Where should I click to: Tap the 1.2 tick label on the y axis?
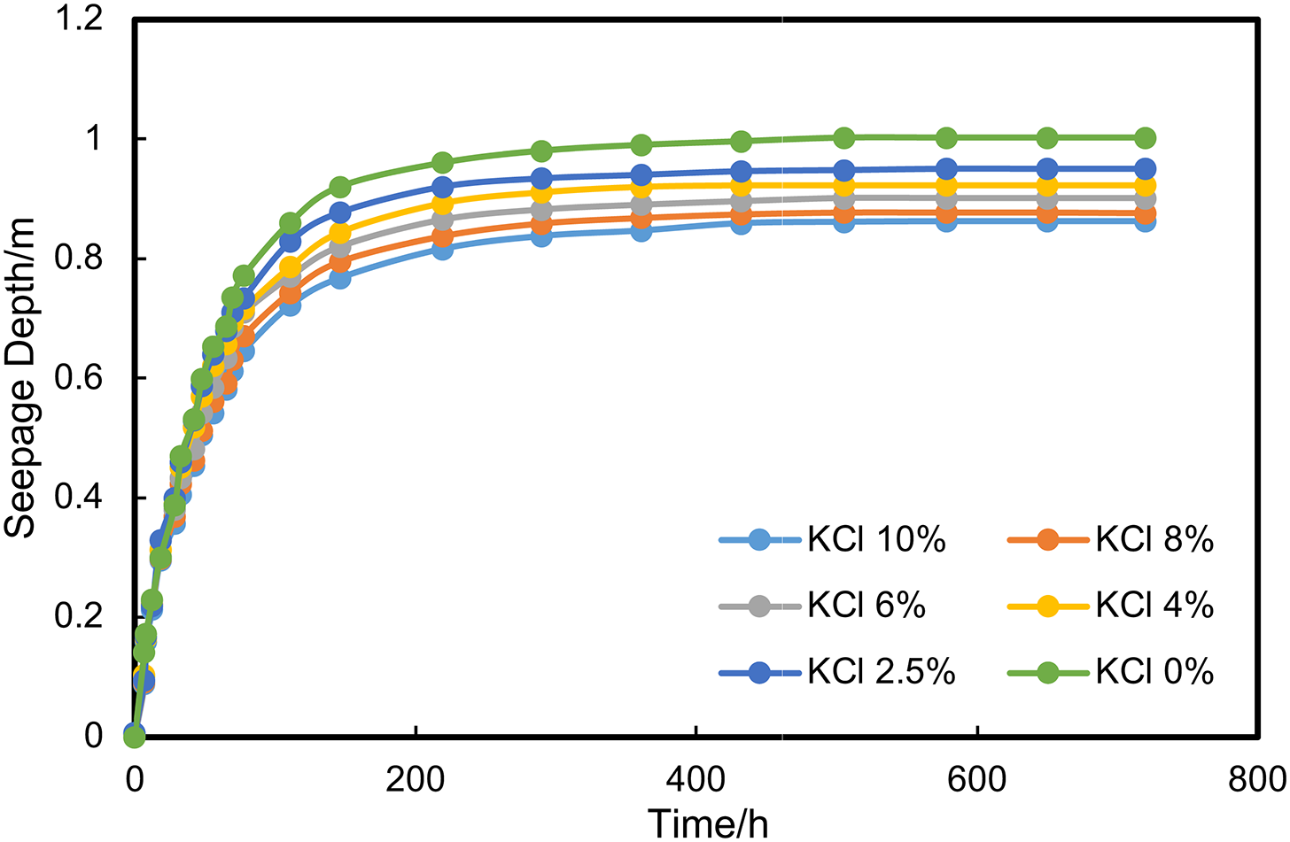click(x=80, y=19)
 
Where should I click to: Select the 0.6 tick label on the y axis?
click(x=80, y=378)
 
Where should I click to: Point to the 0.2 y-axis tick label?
click(x=80, y=616)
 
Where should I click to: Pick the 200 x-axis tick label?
click(x=415, y=779)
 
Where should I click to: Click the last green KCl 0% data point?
click(x=1145, y=138)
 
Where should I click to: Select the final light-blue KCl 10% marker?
click(x=1145, y=221)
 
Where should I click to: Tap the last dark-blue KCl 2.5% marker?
click(x=1145, y=168)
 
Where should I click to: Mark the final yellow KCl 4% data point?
click(x=1145, y=186)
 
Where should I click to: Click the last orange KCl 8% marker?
click(x=1145, y=214)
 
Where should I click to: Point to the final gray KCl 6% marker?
click(x=1145, y=200)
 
